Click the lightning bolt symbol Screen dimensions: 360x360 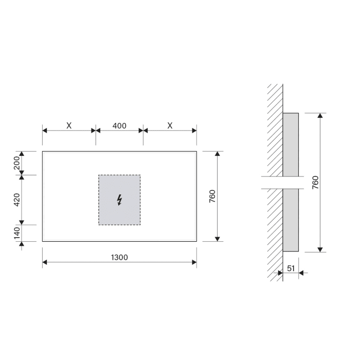tap(119, 200)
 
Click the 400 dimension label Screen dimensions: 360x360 tap(119, 126)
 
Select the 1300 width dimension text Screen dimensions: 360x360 tap(119, 257)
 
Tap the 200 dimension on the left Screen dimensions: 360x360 tap(16, 163)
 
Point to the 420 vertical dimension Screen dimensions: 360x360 tap(16, 200)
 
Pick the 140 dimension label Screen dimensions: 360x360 tap(16, 233)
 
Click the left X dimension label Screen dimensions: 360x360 tap(68, 126)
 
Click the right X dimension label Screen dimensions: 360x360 tap(170, 126)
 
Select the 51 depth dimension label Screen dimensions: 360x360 tap(291, 267)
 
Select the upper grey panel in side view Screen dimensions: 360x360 tap(291, 144)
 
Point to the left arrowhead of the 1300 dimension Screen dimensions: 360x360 tap(45, 263)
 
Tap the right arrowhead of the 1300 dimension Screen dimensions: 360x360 tap(193, 263)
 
